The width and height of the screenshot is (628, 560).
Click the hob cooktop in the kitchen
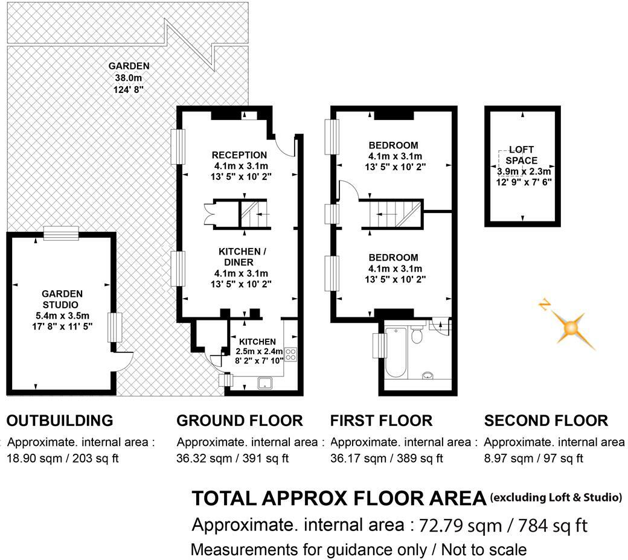[x=290, y=354]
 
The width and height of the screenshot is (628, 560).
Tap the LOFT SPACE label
[x=521, y=154]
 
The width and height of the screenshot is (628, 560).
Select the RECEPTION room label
[x=240, y=155]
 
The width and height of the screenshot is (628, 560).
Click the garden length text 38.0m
[x=129, y=77]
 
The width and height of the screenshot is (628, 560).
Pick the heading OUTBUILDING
[x=59, y=420]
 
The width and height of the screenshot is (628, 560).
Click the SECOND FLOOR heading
[x=546, y=420]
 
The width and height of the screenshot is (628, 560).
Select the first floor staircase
[x=392, y=214]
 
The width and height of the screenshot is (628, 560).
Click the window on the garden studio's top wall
[x=61, y=233]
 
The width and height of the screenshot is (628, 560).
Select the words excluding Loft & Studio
[x=556, y=497]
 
